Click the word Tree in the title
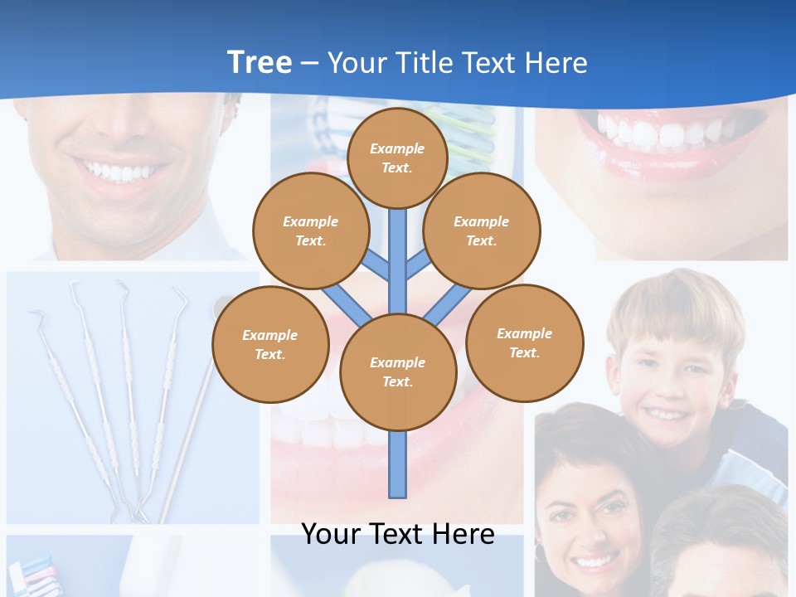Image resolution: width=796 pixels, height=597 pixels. [x=260, y=62]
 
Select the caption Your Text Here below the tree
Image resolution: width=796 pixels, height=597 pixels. [x=398, y=534]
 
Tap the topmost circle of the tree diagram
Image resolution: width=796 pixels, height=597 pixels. [x=397, y=158]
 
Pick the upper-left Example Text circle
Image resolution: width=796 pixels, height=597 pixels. [x=310, y=231]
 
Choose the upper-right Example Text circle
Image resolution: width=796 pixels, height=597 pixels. [x=482, y=231]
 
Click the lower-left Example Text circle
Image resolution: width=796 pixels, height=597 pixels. [x=270, y=345]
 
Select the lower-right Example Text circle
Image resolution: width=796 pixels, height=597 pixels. [x=525, y=343]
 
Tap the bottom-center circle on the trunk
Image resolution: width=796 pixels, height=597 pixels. [x=398, y=372]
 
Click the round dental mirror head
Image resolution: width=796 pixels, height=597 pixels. [x=222, y=307]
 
